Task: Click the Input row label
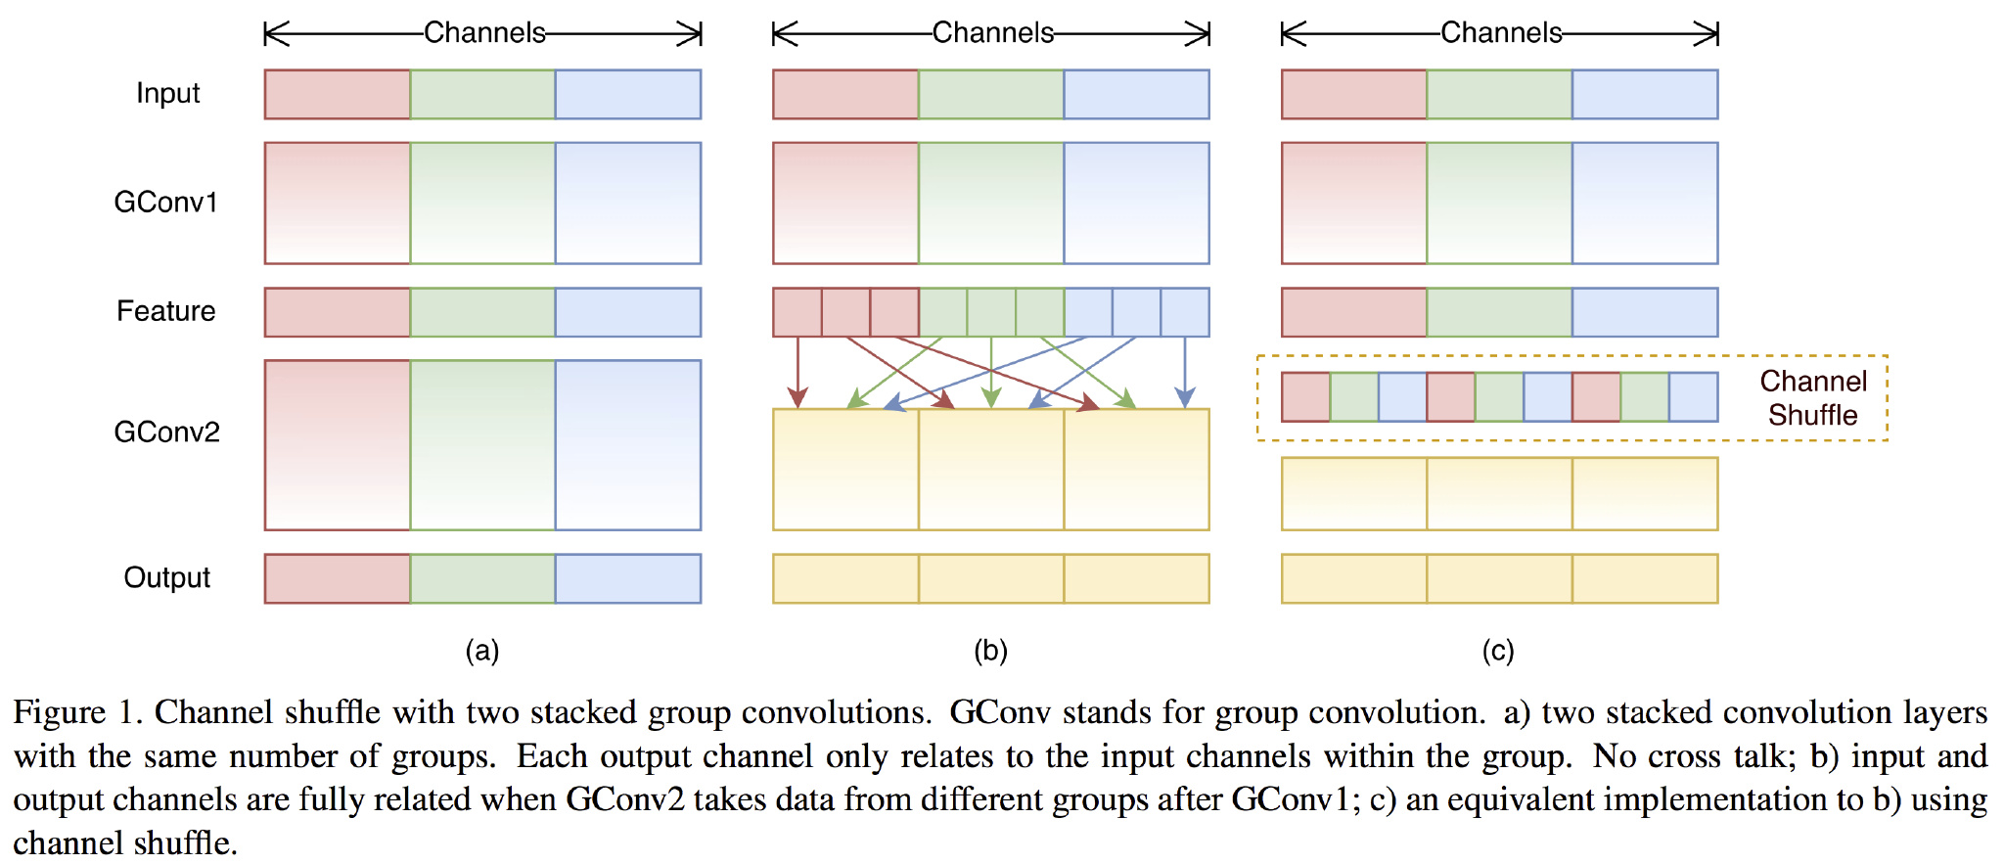[x=167, y=93]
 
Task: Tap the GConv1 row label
[x=165, y=203]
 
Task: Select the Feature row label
[x=166, y=311]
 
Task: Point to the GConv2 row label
[x=166, y=432]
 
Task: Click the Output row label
[x=167, y=577]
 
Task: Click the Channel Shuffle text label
[x=1813, y=398]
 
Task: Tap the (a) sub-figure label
[x=482, y=651]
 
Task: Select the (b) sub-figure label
[x=990, y=651]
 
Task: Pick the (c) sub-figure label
[x=1498, y=651]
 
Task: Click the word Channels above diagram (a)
[x=484, y=33]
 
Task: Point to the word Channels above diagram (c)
[x=1501, y=33]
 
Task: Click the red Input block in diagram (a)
[x=338, y=94]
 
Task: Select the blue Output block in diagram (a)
[x=628, y=578]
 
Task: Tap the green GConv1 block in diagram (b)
[x=991, y=204]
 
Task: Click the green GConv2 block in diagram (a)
[x=482, y=445]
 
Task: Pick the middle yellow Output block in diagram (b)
[x=991, y=578]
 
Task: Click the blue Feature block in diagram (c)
[x=1645, y=312]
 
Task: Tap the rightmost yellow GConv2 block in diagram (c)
[x=1645, y=494]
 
